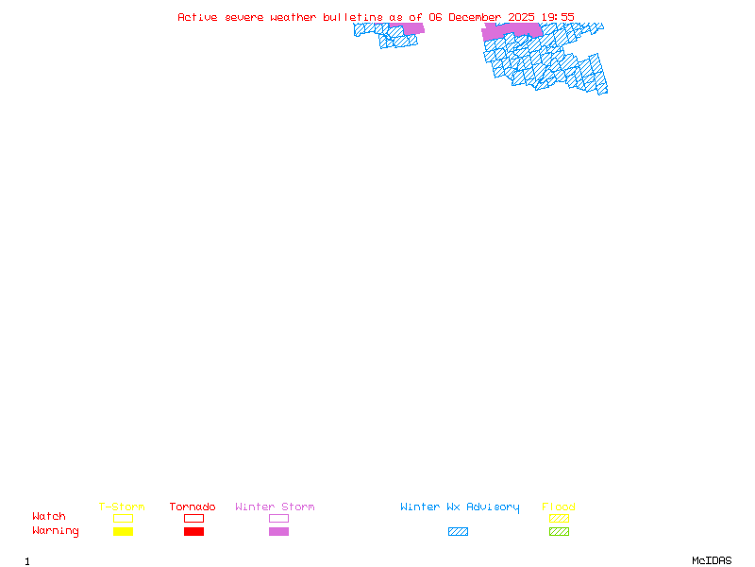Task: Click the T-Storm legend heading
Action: [122, 507]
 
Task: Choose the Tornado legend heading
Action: [193, 507]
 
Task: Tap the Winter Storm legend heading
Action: [275, 507]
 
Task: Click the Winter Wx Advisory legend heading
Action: [460, 507]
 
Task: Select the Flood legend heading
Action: [559, 507]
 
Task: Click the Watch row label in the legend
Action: [49, 517]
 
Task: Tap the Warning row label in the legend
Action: [56, 531]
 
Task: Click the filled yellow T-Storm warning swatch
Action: [123, 532]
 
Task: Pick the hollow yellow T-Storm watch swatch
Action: [123, 518]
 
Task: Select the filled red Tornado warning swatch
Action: [193, 532]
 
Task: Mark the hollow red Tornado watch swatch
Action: [193, 518]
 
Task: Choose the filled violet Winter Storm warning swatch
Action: [278, 532]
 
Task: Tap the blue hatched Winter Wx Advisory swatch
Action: [458, 532]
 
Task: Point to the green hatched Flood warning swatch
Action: [559, 532]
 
